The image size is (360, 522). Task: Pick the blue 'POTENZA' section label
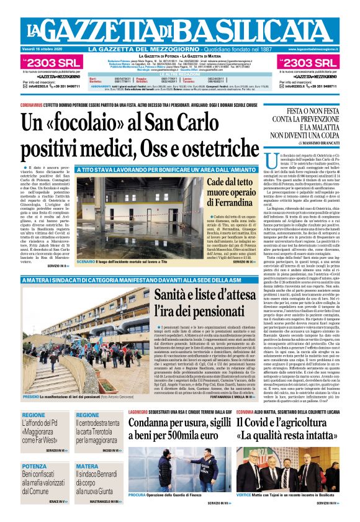(34, 466)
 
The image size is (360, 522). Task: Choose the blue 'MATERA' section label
(87, 466)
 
